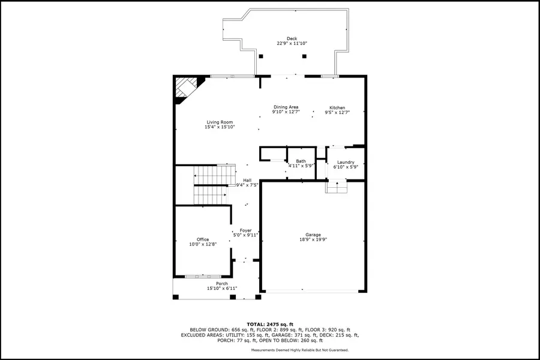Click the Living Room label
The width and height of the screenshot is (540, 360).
coord(220,122)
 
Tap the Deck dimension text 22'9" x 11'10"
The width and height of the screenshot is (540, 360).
coord(292,44)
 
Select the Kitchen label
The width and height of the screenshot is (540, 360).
coord(337,108)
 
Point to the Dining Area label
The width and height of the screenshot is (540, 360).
coord(285,107)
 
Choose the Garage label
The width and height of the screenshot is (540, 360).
coord(313,235)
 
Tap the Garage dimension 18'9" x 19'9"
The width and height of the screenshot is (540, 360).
coord(313,239)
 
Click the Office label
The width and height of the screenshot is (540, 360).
coord(203,239)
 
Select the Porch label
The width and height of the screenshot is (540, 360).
coord(222,283)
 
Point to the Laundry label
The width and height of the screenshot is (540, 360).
coord(346,162)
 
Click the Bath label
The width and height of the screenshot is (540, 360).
coord(301,161)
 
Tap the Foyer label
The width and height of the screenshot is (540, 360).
coord(245,230)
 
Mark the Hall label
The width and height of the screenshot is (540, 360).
coord(247,180)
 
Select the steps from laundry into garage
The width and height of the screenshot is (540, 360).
coord(337,187)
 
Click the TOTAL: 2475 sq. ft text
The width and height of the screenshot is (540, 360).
coord(270,324)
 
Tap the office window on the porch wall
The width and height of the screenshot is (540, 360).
coord(198,276)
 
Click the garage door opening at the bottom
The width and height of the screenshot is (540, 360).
coord(312,292)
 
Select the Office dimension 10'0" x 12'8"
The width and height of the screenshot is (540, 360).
coord(203,244)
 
